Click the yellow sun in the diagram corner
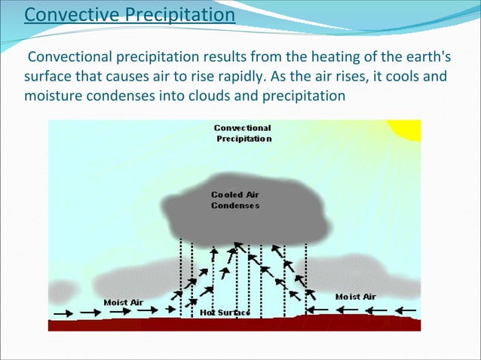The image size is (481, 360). pyautogui.click(x=410, y=129)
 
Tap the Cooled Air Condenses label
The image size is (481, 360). pyautogui.click(x=235, y=200)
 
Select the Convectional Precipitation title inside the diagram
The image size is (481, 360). pyautogui.click(x=243, y=133)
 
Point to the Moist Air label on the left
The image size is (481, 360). pyautogui.click(x=123, y=302)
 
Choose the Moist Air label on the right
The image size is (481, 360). pyautogui.click(x=355, y=296)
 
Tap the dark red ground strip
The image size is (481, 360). pyautogui.click(x=234, y=324)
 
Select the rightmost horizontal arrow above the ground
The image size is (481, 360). pyautogui.click(x=405, y=309)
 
